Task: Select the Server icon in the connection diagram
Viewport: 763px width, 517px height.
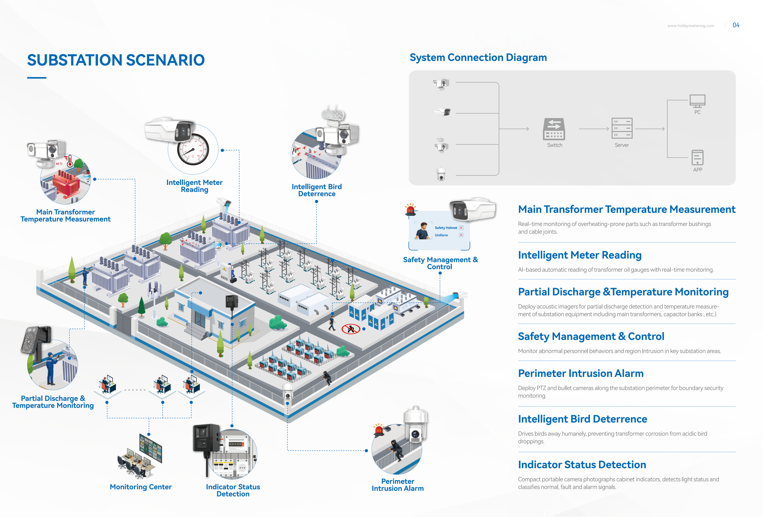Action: [x=622, y=128]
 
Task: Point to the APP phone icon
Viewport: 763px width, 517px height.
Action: [x=697, y=158]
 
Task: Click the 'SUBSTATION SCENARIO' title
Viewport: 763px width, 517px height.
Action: [x=116, y=60]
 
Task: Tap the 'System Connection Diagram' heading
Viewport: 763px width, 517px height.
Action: [x=478, y=58]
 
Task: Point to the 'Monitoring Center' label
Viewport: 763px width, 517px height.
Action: [x=141, y=487]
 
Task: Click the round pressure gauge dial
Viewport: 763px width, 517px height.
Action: [x=193, y=150]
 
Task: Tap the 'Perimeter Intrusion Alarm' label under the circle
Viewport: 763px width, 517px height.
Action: [x=398, y=485]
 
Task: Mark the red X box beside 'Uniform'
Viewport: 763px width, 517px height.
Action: [x=461, y=235]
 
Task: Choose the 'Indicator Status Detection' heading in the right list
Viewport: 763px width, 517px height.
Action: [x=582, y=465]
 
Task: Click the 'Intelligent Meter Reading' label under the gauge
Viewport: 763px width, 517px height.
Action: [x=194, y=186]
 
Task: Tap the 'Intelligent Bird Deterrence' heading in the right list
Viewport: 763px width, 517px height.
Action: [x=582, y=419]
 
